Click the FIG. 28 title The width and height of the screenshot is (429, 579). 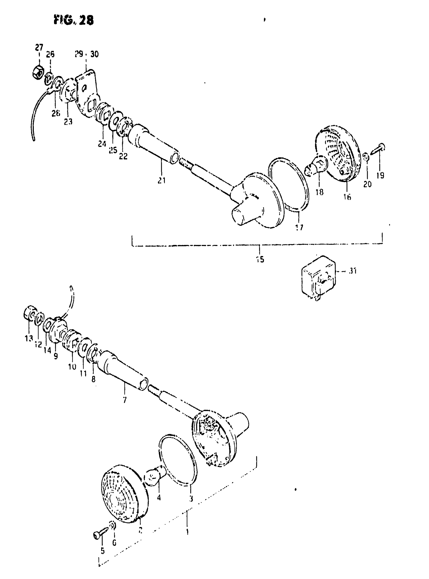pos(74,20)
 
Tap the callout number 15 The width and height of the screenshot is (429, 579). pos(260,259)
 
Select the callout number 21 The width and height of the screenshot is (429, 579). pos(162,180)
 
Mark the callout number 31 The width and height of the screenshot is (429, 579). pos(353,271)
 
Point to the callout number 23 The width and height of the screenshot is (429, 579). pos(68,122)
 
